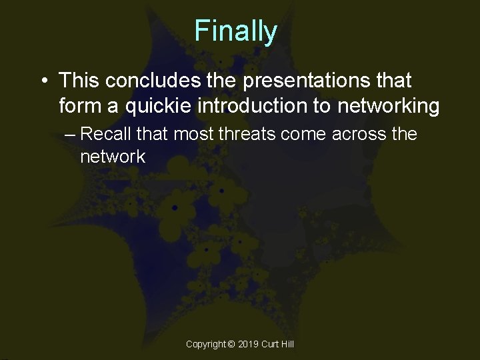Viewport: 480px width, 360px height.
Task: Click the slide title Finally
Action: (235, 31)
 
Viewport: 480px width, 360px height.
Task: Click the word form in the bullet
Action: (78, 106)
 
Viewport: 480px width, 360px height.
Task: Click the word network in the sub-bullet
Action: (112, 157)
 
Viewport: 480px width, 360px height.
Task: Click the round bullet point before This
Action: (42, 82)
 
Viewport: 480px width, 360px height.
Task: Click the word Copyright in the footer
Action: (206, 344)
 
